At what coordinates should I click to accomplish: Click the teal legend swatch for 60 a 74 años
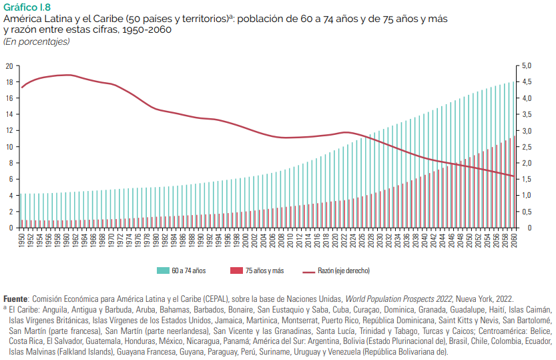(x=162, y=271)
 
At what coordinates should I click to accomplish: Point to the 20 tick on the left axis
(x=9, y=65)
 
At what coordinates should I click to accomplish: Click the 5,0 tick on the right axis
(x=527, y=65)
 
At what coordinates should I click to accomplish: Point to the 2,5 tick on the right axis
(x=527, y=147)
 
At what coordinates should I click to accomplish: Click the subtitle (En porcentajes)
(x=36, y=41)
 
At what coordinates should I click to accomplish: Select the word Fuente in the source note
(x=15, y=299)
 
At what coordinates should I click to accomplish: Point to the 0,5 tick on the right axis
(x=527, y=212)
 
